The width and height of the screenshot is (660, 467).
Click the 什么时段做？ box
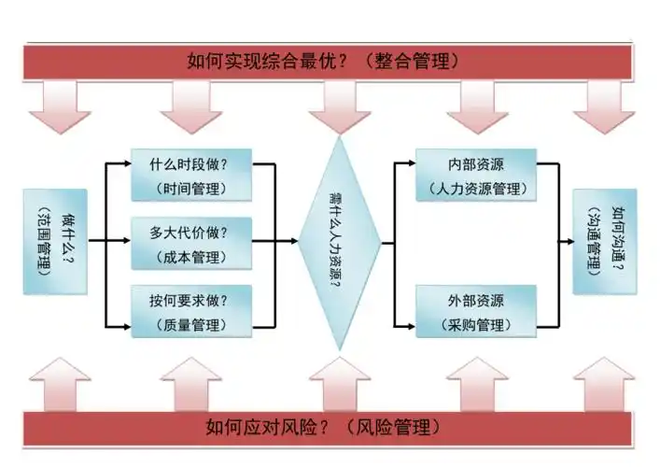tap(191, 175)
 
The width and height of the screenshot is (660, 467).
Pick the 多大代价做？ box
tap(191, 243)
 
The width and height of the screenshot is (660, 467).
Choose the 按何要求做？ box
tap(191, 311)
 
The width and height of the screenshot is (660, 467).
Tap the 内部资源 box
tap(476, 175)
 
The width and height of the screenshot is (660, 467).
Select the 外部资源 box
tap(476, 312)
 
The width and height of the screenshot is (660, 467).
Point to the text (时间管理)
tap(191, 188)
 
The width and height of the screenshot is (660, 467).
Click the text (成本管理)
tap(191, 256)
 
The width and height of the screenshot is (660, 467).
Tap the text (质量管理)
tap(191, 325)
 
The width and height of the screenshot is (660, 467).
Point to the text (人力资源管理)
tap(476, 189)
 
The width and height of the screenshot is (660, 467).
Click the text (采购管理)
tap(476, 325)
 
